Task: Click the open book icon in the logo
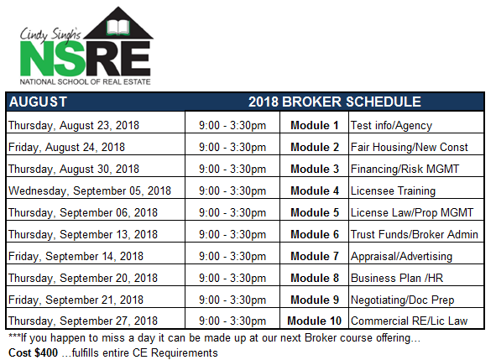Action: pos(118,28)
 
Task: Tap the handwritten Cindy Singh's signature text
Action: pos(50,34)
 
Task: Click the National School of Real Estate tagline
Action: pos(85,81)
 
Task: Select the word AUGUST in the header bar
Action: pos(38,102)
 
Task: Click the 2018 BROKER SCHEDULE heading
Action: pos(335,102)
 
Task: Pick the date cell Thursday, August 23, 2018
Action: pos(74,126)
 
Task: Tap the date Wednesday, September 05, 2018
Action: pos(90,191)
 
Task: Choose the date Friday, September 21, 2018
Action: pos(76,300)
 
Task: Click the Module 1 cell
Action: pos(315,125)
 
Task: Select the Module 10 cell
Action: pos(314,321)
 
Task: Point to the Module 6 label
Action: pos(315,234)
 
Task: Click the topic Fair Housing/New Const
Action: pos(409,148)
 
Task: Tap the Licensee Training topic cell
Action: pos(393,191)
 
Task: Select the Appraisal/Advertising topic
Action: pos(401,257)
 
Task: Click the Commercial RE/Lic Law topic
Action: pos(409,321)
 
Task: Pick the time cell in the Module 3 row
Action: pos(232,170)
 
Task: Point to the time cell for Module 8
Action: pos(232,279)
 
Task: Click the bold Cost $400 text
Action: pos(34,352)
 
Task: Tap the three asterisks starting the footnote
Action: pos(14,336)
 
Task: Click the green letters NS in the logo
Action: pos(53,59)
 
